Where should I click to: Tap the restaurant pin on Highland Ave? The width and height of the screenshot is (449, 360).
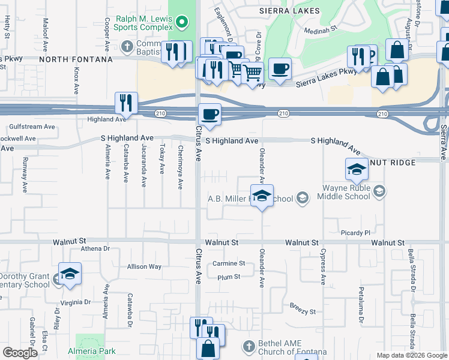coord(126,103)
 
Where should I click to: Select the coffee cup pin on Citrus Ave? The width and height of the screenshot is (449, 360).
coord(209,115)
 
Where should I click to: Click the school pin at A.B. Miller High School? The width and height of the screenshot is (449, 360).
coord(262,196)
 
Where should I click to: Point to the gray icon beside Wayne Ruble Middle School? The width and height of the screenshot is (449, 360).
coord(379,191)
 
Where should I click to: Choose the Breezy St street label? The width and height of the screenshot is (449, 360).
coord(303,312)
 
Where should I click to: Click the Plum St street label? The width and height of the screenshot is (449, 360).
coord(229,277)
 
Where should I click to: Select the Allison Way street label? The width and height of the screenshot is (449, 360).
coord(144,266)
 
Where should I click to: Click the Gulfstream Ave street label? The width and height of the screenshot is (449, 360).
coord(32,127)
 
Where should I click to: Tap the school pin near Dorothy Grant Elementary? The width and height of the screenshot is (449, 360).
coord(70,274)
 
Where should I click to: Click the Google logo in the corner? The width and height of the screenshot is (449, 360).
coord(20,353)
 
